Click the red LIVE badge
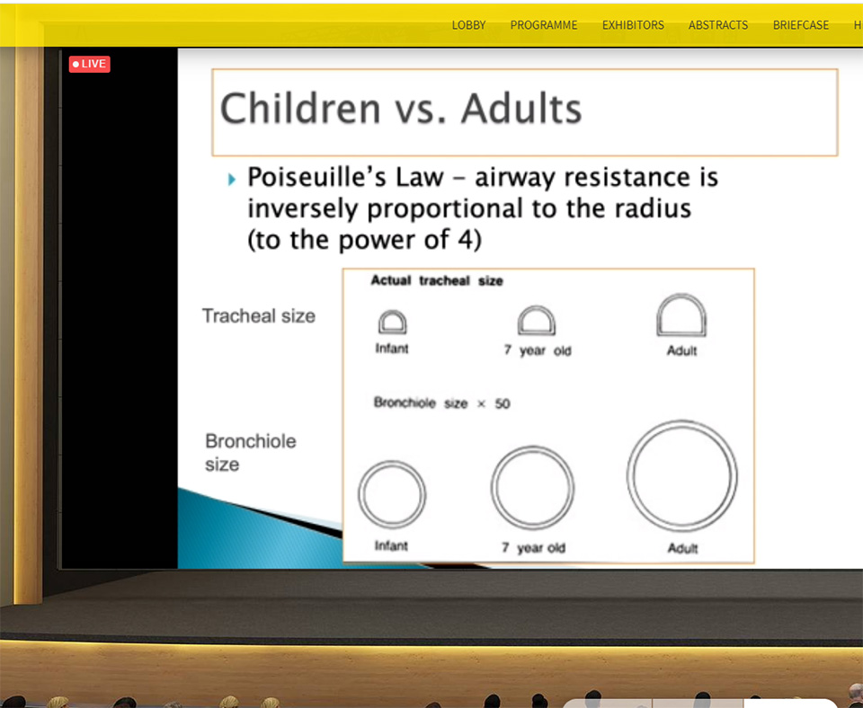coord(89,64)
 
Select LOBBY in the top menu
coord(468,25)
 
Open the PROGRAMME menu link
coord(544,25)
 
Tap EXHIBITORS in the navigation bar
coord(633,25)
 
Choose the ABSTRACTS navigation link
coord(717,25)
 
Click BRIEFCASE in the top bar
coord(800,25)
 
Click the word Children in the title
coord(300,108)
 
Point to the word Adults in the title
coord(521,108)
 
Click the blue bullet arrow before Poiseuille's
coord(232,179)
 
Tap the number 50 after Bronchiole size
coord(502,403)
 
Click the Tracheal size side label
coord(259,315)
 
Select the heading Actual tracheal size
coord(437,280)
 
